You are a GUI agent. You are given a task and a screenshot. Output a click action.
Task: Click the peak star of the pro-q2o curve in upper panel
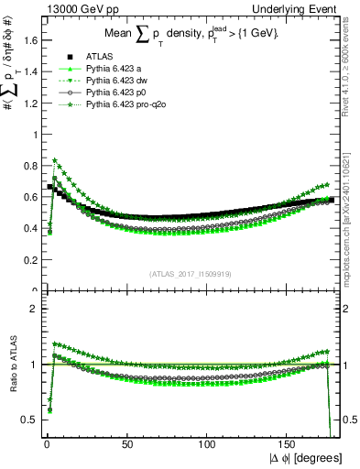(55, 160)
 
